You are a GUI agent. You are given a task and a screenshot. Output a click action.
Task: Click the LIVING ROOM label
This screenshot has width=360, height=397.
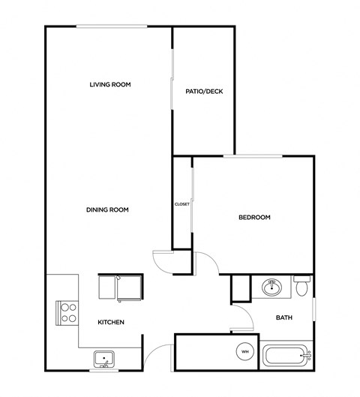pyautogui.click(x=110, y=85)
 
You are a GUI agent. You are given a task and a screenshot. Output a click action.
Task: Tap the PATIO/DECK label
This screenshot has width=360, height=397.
pyautogui.click(x=204, y=92)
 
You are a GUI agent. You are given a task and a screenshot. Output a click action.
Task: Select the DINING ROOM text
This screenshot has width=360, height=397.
pyautogui.click(x=107, y=210)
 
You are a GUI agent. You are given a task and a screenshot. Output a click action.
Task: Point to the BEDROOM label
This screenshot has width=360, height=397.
pyautogui.click(x=254, y=218)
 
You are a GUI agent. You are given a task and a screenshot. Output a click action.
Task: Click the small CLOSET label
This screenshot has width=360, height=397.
pyautogui.click(x=181, y=203)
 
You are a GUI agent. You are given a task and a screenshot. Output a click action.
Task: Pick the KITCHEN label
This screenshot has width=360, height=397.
pyautogui.click(x=110, y=323)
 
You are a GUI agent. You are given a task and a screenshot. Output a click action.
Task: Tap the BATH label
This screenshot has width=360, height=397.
pyautogui.click(x=284, y=317)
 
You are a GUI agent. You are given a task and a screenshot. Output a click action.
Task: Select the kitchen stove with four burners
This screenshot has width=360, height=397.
pyautogui.click(x=67, y=312)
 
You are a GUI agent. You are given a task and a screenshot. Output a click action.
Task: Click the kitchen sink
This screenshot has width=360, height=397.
pyautogui.click(x=103, y=359)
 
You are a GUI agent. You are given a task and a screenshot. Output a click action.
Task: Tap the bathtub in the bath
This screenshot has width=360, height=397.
pyautogui.click(x=285, y=356)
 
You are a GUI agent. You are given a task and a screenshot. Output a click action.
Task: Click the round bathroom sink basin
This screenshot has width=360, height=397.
pyautogui.click(x=271, y=287)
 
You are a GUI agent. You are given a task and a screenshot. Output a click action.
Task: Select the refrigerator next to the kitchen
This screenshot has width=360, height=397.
pyautogui.click(x=121, y=287)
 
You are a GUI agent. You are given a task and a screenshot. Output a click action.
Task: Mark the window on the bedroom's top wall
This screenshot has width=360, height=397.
pyautogui.click(x=252, y=156)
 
